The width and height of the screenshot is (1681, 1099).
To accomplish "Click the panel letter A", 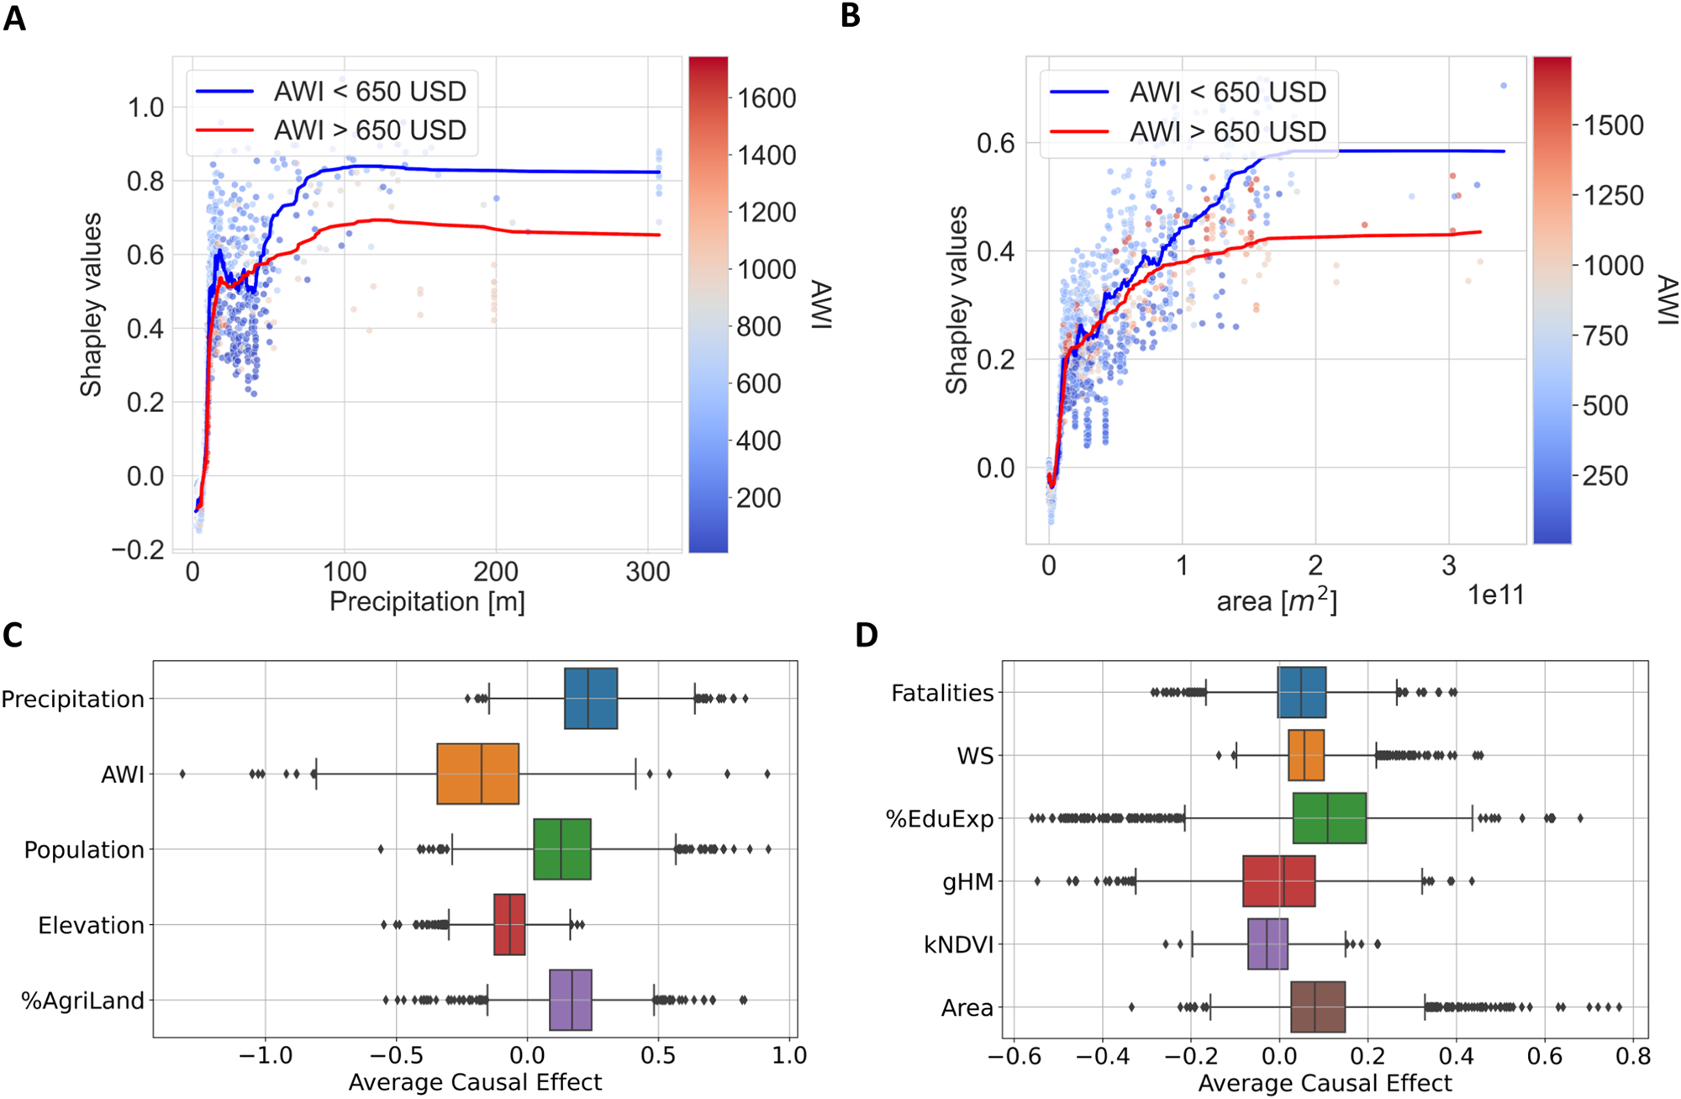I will pyautogui.click(x=14, y=17).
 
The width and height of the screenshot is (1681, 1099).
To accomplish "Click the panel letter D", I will pyautogui.click(x=866, y=634).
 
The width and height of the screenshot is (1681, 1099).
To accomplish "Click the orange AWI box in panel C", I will pyautogui.click(x=477, y=774).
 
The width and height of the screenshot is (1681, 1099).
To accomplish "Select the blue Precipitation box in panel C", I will pyautogui.click(x=591, y=698).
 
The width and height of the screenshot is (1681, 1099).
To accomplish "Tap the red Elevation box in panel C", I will pyautogui.click(x=509, y=925).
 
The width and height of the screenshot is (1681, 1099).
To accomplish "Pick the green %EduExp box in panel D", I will pyautogui.click(x=1329, y=818).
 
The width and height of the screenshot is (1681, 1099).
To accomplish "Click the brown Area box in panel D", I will pyautogui.click(x=1317, y=1007).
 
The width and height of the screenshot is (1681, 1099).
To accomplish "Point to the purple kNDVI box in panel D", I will pyautogui.click(x=1267, y=944).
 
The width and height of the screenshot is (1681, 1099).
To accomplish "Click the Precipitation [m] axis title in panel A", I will pyautogui.click(x=427, y=602).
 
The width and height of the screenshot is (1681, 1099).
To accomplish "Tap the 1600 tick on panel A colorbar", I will pyautogui.click(x=767, y=98).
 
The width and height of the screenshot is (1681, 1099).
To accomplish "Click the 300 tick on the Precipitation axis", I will pyautogui.click(x=648, y=573).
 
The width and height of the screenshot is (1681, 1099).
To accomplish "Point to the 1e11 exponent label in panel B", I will pyautogui.click(x=1495, y=595).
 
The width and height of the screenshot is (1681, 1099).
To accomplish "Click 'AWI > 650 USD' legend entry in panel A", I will pyautogui.click(x=370, y=130).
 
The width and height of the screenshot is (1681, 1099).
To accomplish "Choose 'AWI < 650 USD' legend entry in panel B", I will pyautogui.click(x=1227, y=92).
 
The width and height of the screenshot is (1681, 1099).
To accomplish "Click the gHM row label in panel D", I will pyautogui.click(x=968, y=882).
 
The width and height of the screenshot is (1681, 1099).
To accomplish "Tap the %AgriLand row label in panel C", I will pyautogui.click(x=82, y=1001).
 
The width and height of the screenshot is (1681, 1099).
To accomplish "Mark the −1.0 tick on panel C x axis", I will pyautogui.click(x=265, y=1055).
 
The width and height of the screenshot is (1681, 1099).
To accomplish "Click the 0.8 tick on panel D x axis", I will pyautogui.click(x=1632, y=1055).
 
